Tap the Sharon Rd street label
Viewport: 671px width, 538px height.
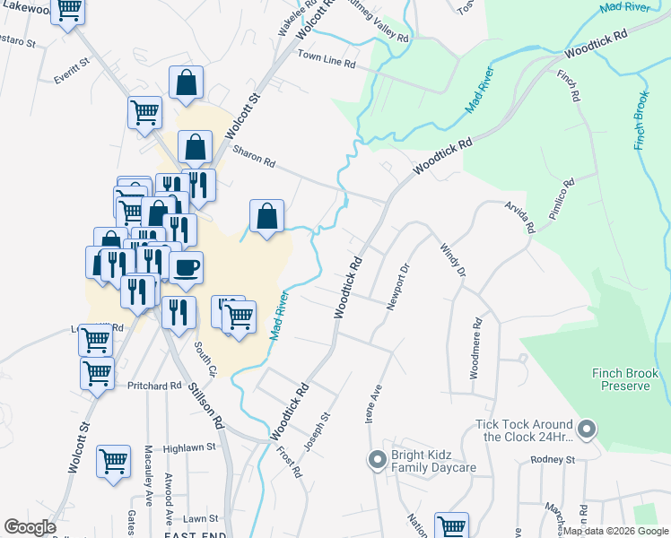point(254,158)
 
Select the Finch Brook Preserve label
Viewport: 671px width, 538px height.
point(625,379)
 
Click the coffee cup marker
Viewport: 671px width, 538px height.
point(186,267)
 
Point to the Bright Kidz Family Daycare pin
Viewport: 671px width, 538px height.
point(378,461)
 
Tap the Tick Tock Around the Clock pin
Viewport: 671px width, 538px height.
point(587,430)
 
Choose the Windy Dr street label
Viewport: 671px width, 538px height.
point(453,259)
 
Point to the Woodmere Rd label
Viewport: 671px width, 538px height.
point(476,347)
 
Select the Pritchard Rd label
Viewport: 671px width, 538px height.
point(154,386)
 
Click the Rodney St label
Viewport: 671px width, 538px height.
point(552,460)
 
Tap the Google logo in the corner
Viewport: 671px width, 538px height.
point(30,527)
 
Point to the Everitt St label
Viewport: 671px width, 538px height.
point(73,71)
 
